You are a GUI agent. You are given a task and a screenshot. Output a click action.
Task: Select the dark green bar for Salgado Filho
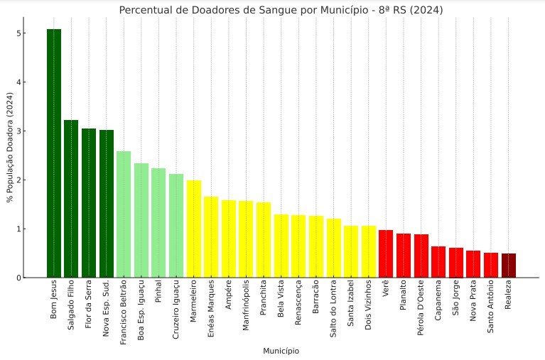[71, 199]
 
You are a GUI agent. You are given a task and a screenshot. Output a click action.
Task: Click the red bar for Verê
[386, 253]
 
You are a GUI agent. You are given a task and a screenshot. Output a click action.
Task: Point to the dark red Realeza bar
[509, 266]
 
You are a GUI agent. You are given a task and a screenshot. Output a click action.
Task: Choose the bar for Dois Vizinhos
[368, 251]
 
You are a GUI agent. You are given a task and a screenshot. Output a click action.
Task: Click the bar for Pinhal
[158, 223]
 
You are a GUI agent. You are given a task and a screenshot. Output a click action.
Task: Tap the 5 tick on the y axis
[26, 33]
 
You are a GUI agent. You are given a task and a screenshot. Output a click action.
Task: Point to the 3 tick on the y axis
[26, 131]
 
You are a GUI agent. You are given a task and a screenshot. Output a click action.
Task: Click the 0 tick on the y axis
[26, 278]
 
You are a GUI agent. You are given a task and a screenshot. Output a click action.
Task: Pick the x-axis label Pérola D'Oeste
[421, 310]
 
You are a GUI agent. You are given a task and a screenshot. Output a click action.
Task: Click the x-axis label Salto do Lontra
[333, 310]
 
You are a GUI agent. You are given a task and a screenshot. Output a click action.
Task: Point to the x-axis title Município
[281, 351]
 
